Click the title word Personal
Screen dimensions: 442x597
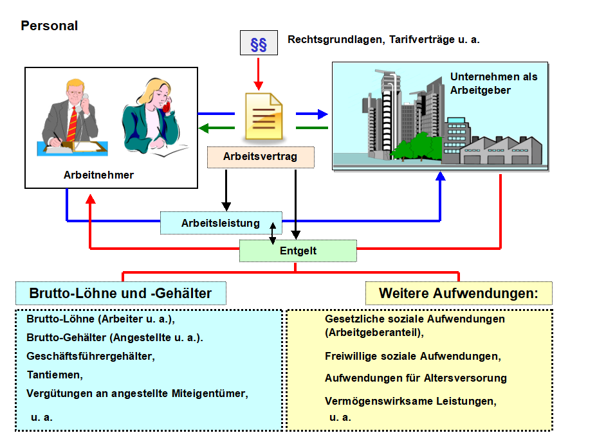tap(49, 26)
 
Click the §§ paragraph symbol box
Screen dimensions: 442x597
tap(259, 44)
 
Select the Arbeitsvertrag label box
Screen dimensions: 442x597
tap(261, 157)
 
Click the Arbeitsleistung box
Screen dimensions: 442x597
tap(221, 224)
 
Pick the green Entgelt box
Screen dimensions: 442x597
tap(298, 251)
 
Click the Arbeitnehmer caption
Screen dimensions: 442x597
tap(98, 175)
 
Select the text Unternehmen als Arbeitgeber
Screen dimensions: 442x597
tap(493, 84)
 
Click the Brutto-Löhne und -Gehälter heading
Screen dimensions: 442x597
tap(121, 294)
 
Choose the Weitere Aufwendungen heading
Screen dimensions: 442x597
tap(459, 294)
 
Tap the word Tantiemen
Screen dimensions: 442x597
tap(55, 374)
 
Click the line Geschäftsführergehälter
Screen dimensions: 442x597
tap(91, 355)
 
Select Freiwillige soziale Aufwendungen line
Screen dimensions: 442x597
tap(412, 356)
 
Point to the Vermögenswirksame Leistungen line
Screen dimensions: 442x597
tap(410, 401)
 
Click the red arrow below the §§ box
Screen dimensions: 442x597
tap(259, 74)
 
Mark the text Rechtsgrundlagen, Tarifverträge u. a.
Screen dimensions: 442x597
tap(383, 40)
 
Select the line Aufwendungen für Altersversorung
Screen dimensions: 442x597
tap(416, 378)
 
